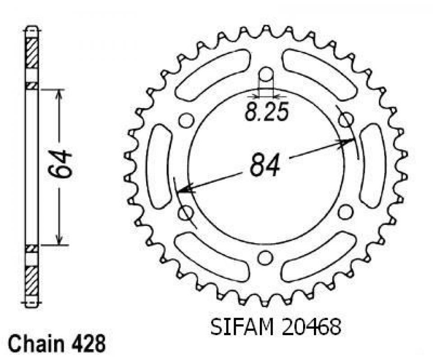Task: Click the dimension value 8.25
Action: (267, 112)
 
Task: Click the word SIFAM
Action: (242, 327)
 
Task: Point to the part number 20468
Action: (310, 327)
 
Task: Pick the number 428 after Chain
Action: (92, 344)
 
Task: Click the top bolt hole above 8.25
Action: (266, 75)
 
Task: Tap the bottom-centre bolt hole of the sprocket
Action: (265, 258)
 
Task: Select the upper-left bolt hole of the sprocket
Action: (186, 120)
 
